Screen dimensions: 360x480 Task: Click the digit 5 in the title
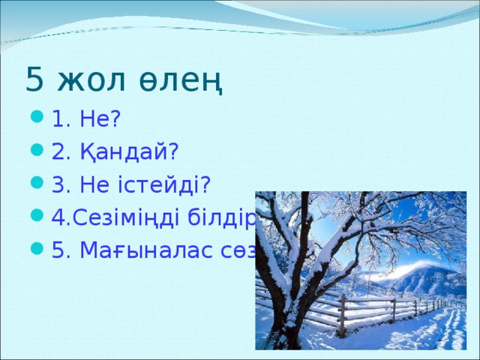(34, 79)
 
